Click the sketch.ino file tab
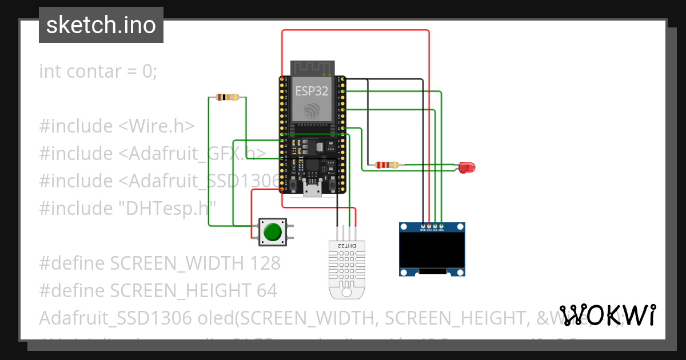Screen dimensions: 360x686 tap(101, 25)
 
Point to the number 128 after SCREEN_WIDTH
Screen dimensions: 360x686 tap(265, 263)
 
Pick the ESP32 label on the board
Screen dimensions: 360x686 tap(312, 90)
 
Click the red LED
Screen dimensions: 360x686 tap(468, 167)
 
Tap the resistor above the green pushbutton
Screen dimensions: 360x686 tap(228, 97)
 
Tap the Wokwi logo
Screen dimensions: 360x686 tap(607, 315)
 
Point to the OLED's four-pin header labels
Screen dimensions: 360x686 tap(432, 230)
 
